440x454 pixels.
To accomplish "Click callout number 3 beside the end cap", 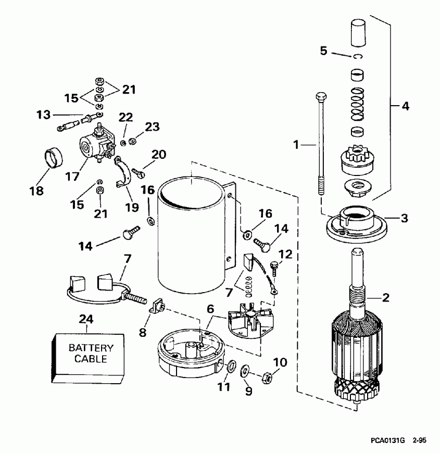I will pyautogui.click(x=404, y=218).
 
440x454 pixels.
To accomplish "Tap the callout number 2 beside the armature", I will pyautogui.click(x=386, y=298).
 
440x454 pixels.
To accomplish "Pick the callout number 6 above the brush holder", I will pyautogui.click(x=210, y=309).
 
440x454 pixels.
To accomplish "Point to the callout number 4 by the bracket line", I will pyautogui.click(x=404, y=106).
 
